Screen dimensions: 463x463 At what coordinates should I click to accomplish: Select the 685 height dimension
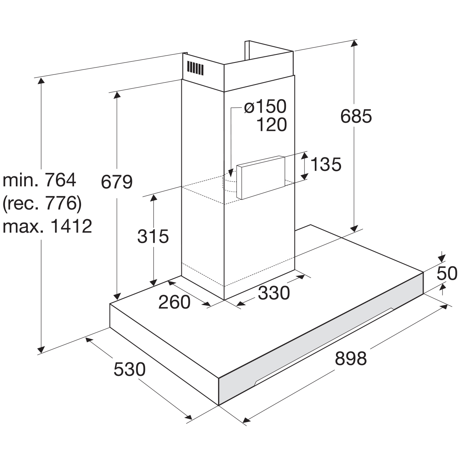click(356, 116)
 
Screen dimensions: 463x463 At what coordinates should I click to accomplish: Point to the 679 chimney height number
click(117, 182)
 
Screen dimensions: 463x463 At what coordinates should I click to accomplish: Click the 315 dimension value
click(153, 236)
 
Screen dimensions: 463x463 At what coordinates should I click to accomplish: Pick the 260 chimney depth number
click(174, 302)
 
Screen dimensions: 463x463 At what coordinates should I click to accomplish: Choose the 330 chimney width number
click(274, 292)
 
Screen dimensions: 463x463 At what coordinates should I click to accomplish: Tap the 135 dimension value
click(326, 165)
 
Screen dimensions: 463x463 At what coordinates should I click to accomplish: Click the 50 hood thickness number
click(446, 273)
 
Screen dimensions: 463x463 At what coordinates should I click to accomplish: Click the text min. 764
click(40, 180)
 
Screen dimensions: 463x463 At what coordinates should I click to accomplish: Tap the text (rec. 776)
click(42, 203)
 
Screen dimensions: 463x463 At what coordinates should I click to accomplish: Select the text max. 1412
click(47, 226)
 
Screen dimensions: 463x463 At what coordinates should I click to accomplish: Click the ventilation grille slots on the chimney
click(195, 68)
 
